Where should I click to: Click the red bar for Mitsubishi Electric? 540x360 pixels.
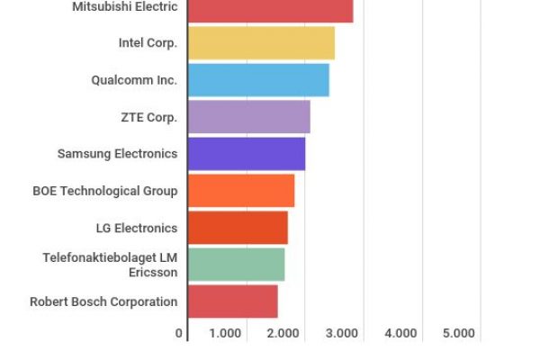pyautogui.click(x=270, y=9)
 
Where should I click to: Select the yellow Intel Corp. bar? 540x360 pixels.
pyautogui.click(x=261, y=43)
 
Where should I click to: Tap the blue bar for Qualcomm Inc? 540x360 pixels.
pyautogui.click(x=258, y=80)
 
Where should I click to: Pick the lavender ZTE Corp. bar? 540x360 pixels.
pyautogui.click(x=248, y=117)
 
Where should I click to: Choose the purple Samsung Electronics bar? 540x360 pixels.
pyautogui.click(x=246, y=154)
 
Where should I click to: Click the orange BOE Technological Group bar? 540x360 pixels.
pyautogui.click(x=240, y=191)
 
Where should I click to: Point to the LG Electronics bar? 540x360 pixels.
pyautogui.click(x=238, y=228)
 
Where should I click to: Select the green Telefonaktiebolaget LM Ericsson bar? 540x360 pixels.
pyautogui.click(x=236, y=265)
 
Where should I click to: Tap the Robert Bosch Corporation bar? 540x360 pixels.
pyautogui.click(x=232, y=301)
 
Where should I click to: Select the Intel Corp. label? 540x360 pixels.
pyautogui.click(x=148, y=43)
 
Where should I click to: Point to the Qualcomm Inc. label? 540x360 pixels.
pyautogui.click(x=134, y=80)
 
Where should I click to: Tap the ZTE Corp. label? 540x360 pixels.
pyautogui.click(x=148, y=117)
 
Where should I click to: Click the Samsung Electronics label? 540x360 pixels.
pyautogui.click(x=117, y=154)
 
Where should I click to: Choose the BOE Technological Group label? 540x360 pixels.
pyautogui.click(x=104, y=191)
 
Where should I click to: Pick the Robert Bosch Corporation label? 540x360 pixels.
pyautogui.click(x=103, y=301)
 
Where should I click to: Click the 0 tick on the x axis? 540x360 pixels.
pyautogui.click(x=179, y=333)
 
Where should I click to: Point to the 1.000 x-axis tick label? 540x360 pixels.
pyautogui.click(x=225, y=333)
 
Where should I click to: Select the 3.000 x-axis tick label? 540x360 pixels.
pyautogui.click(x=342, y=333)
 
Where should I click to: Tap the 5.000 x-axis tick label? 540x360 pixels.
pyautogui.click(x=458, y=333)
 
